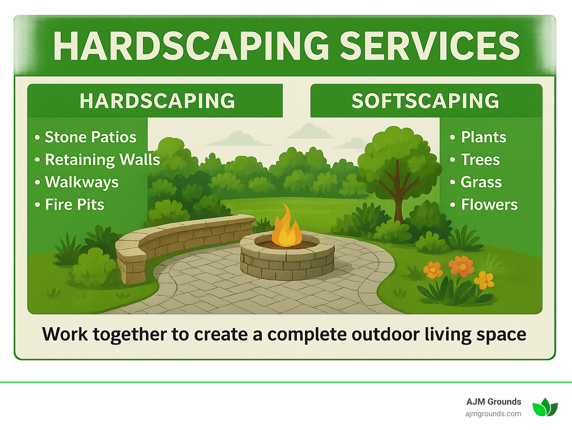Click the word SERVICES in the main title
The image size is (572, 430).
click(430, 46)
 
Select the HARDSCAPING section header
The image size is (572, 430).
click(157, 101)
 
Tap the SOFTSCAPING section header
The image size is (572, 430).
click(425, 101)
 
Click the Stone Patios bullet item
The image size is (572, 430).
click(90, 137)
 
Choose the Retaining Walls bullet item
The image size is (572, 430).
click(102, 160)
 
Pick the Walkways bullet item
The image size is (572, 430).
click(82, 182)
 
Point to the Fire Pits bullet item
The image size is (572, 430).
click(74, 205)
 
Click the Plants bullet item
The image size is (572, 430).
click(483, 137)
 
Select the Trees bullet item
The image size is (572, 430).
click(480, 160)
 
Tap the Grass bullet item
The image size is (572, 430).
click(481, 182)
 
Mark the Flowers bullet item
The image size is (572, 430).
click(489, 205)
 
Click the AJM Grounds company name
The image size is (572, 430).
click(493, 402)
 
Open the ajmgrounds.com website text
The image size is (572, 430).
click(493, 414)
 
